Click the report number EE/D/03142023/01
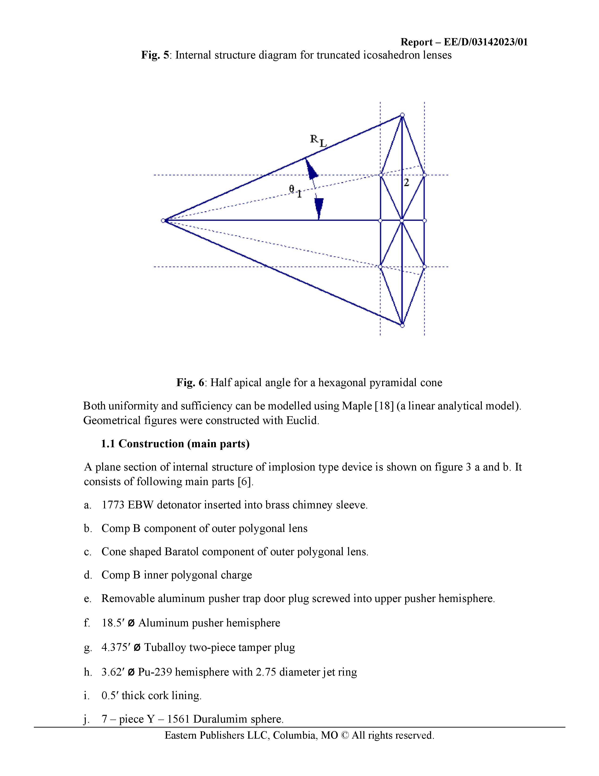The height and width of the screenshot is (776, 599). point(486,42)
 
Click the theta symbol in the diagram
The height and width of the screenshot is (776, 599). point(292,189)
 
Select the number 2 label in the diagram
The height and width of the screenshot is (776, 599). point(407,183)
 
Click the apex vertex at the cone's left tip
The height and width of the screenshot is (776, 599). point(163,221)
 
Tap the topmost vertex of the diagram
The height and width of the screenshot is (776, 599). point(402,115)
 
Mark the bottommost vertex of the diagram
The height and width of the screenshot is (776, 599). point(402,325)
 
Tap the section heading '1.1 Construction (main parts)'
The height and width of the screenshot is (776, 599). point(175,444)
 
